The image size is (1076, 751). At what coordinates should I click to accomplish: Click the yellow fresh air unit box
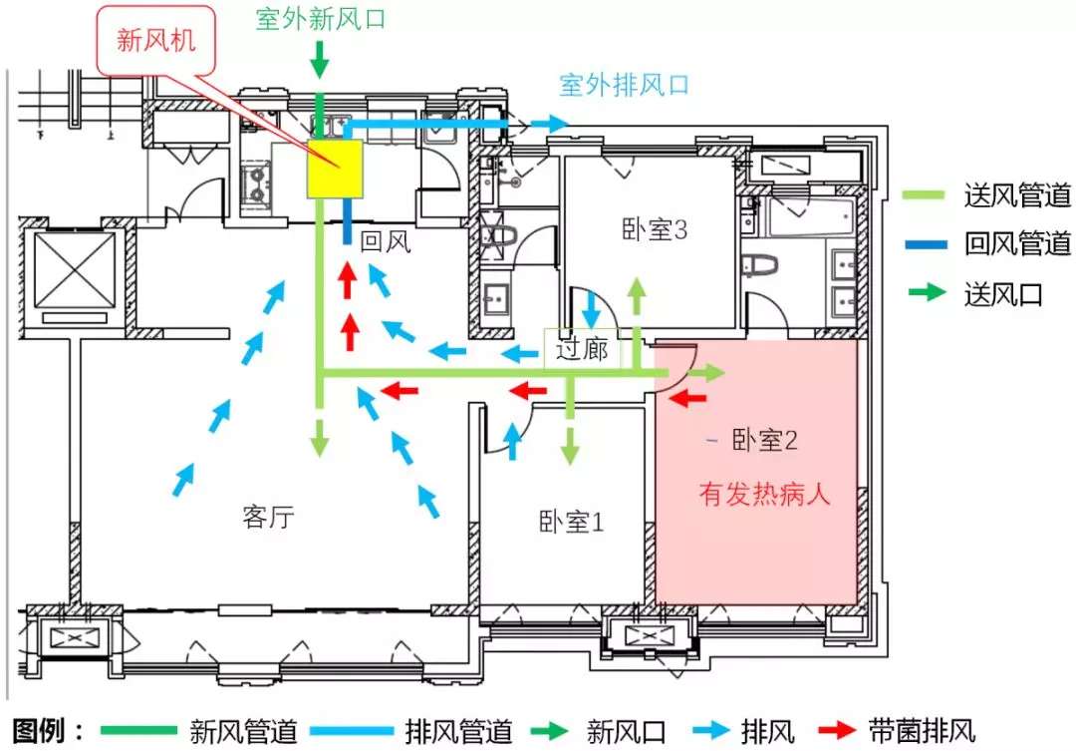334,169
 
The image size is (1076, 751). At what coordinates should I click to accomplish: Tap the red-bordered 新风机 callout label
156,40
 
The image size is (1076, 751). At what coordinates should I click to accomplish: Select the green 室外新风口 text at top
321,19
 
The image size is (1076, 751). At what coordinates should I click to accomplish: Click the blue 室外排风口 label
624,85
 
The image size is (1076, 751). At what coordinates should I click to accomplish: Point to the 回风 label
386,240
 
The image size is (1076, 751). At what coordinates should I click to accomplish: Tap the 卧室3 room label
654,229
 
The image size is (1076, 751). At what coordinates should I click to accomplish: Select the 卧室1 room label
571,523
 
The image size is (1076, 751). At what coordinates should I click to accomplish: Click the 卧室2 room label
764,440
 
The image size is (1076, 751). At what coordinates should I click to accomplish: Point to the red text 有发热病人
764,494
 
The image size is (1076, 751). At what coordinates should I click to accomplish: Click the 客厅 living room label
268,516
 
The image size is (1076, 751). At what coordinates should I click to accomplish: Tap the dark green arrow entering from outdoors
319,60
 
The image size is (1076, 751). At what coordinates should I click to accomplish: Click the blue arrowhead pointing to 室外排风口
559,124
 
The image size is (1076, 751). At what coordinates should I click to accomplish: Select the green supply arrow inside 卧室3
638,297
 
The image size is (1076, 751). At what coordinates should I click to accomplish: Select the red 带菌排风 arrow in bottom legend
837,730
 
